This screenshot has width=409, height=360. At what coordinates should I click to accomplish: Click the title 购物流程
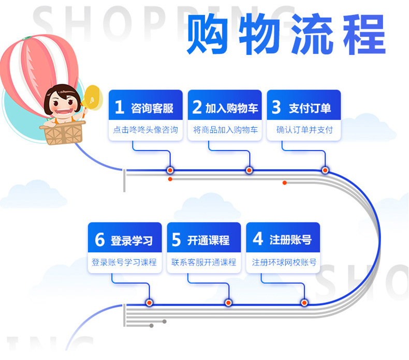coord(286,35)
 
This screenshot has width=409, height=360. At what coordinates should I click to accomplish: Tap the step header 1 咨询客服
coord(145,108)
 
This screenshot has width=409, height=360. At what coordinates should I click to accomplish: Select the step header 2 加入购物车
coord(225,108)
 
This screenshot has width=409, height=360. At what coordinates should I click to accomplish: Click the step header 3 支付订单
coord(304,108)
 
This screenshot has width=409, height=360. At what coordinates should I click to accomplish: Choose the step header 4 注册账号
coord(283,240)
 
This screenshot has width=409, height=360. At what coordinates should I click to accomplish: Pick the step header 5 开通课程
coord(204,240)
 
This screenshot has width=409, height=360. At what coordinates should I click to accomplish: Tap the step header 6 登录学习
coord(124,240)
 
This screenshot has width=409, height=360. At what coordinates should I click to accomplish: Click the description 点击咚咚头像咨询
coord(145,130)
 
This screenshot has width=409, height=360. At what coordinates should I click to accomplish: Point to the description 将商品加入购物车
coord(225,130)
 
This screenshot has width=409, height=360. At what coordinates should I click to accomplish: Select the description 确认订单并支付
coord(304,130)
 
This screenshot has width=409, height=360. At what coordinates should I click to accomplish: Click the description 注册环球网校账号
coord(283,262)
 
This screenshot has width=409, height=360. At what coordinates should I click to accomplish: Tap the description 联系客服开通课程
coord(204,262)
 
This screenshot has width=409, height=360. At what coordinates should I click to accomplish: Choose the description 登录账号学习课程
coord(124,262)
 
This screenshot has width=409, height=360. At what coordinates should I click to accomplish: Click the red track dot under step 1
coord(170,170)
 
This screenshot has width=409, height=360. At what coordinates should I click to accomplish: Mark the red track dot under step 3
coord(325,170)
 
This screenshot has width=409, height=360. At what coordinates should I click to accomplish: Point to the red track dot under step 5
coord(228,303)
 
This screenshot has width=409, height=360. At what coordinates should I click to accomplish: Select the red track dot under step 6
coord(149,303)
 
